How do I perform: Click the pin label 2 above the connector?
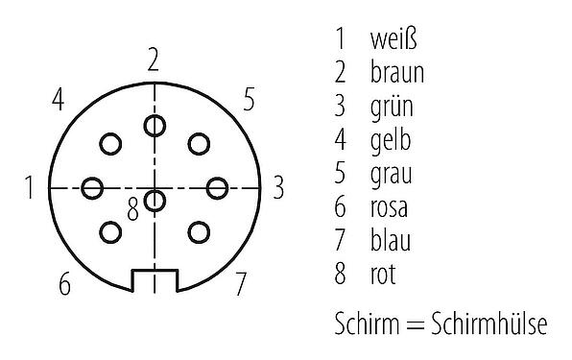[153, 60]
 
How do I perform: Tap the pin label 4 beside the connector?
[59, 99]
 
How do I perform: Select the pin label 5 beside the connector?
[248, 99]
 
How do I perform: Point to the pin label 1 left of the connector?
[31, 188]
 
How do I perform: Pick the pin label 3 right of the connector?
[277, 188]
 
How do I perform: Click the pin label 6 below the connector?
[64, 284]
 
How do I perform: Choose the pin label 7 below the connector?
[241, 284]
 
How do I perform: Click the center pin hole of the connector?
[154, 201]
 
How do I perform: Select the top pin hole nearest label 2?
[154, 126]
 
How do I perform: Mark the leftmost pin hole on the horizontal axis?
[92, 188]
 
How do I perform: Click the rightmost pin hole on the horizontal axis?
[216, 188]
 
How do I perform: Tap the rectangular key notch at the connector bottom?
[154, 280]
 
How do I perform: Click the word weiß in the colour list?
[393, 39]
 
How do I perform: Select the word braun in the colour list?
[395, 73]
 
